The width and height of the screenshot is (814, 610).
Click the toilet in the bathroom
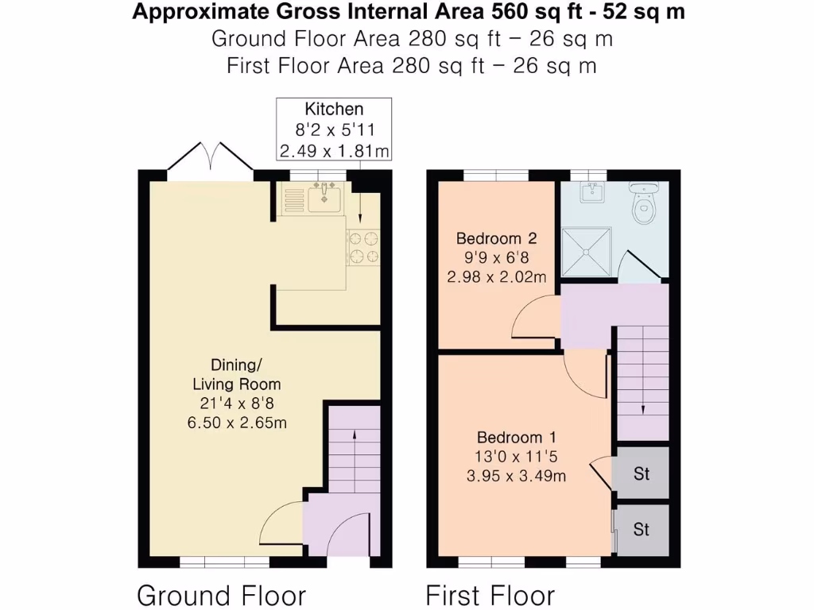click(644, 203)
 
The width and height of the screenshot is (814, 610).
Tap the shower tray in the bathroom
click(587, 252)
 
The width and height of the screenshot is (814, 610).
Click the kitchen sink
click(324, 198)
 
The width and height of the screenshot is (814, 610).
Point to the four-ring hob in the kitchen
click(363, 248)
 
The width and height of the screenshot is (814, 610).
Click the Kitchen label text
click(334, 109)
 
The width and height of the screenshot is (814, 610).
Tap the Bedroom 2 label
click(496, 238)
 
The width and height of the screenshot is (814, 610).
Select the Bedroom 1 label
click(517, 438)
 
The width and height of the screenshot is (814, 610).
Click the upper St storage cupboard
click(642, 473)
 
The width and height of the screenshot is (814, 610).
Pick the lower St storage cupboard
click(642, 529)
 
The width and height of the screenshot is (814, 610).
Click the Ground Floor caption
click(221, 595)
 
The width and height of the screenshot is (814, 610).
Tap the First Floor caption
click(490, 595)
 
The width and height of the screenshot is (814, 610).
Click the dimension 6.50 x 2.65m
click(237, 423)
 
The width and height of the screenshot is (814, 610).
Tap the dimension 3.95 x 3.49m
click(516, 476)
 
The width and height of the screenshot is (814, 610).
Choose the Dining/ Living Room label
click(237, 375)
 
